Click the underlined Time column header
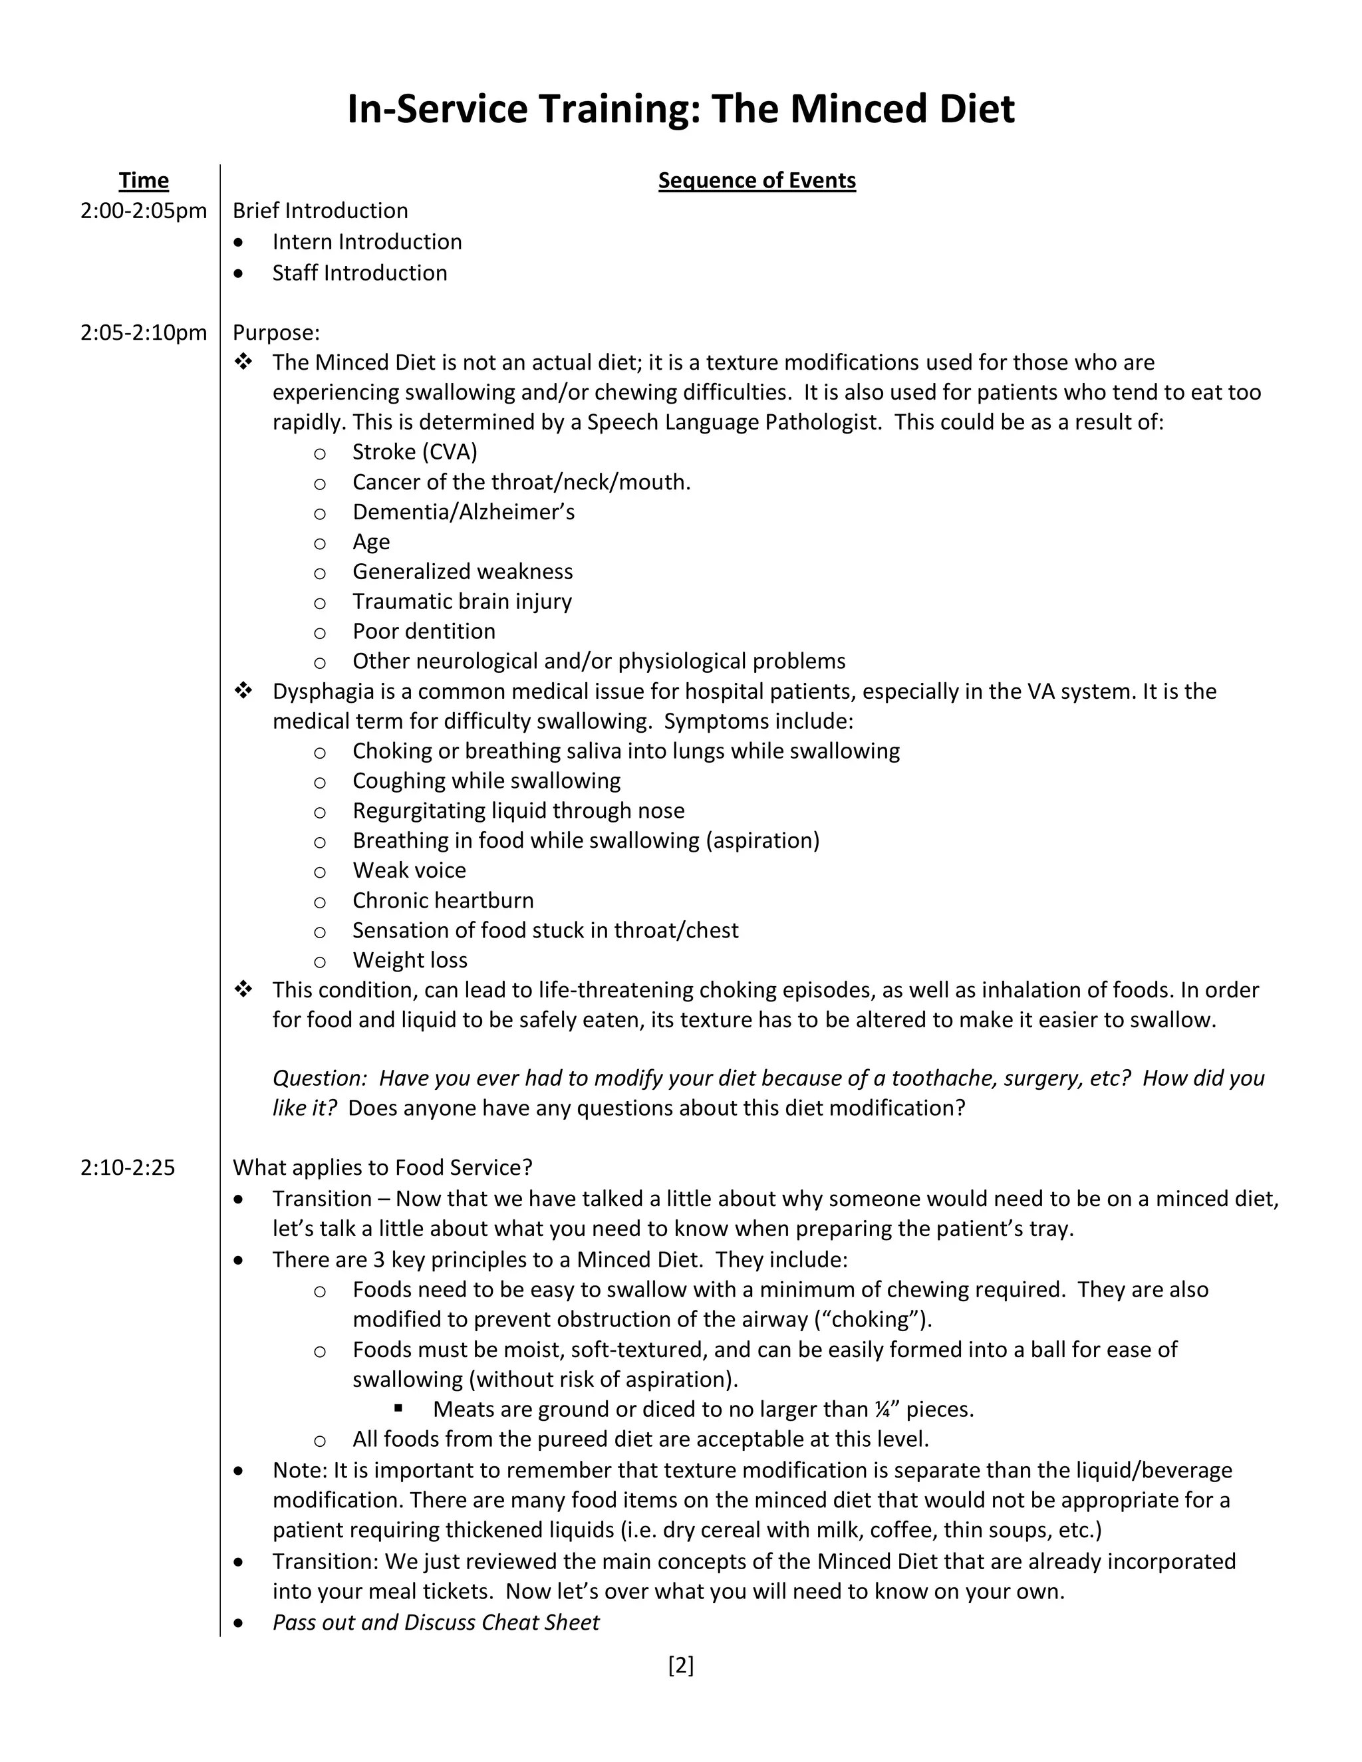144,181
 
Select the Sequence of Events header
756,181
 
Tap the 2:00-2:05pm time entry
144,211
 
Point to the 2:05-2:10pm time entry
144,332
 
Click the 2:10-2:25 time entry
128,1168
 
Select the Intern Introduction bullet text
366,242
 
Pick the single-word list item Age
370,542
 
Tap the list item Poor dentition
424,631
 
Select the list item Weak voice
408,870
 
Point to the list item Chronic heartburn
442,900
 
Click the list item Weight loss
409,960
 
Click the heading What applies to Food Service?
382,1168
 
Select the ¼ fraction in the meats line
883,1410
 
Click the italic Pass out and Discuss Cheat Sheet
436,1622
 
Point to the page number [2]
680,1666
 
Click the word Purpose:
276,332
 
